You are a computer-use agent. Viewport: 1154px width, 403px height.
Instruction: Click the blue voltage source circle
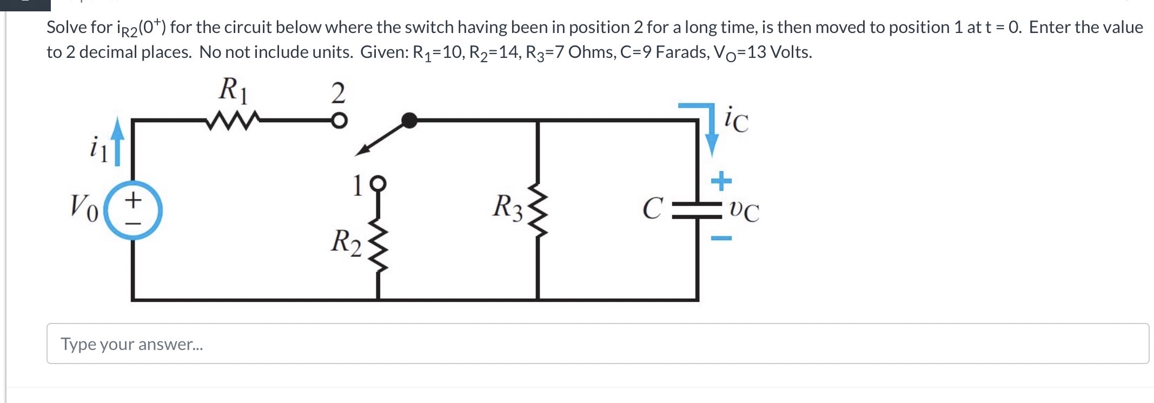coord(132,210)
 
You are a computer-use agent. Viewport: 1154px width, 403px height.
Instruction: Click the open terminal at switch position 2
coord(339,121)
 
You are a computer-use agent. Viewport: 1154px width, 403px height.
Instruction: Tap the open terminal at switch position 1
coord(378,183)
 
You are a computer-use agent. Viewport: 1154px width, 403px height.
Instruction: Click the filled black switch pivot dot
coord(410,120)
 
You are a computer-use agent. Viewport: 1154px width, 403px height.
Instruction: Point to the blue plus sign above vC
coord(721,181)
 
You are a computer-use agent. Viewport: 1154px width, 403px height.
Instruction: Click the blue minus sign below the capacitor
coord(721,238)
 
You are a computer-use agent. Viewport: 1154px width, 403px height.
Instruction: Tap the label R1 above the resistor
coord(233,90)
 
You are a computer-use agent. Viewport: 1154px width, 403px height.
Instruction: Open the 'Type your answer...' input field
coord(598,343)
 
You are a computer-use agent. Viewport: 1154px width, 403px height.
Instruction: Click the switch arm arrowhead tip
coord(357,155)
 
